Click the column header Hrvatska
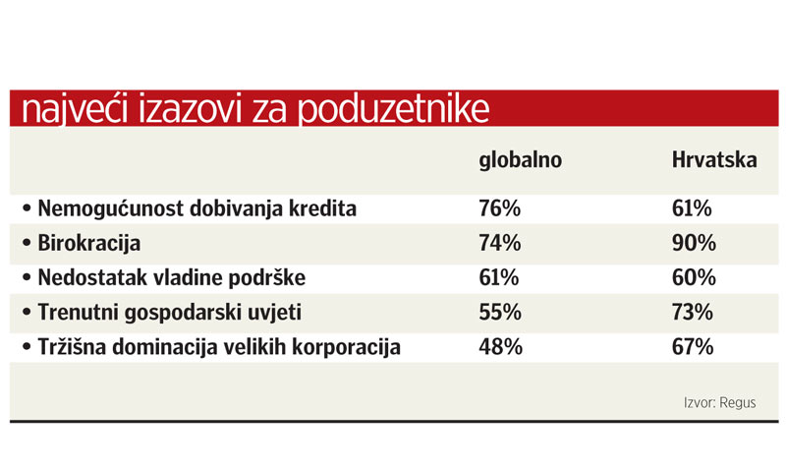point(714,159)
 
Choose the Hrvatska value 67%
point(694,346)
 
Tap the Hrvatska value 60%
point(694,277)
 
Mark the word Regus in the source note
point(737,402)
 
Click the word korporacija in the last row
point(343,346)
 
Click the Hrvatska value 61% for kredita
point(694,208)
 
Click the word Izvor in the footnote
point(699,402)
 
